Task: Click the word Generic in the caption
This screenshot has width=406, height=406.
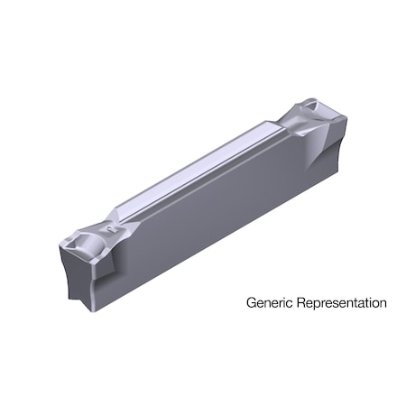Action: click(268, 303)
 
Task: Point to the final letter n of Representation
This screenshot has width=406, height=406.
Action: click(383, 304)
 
